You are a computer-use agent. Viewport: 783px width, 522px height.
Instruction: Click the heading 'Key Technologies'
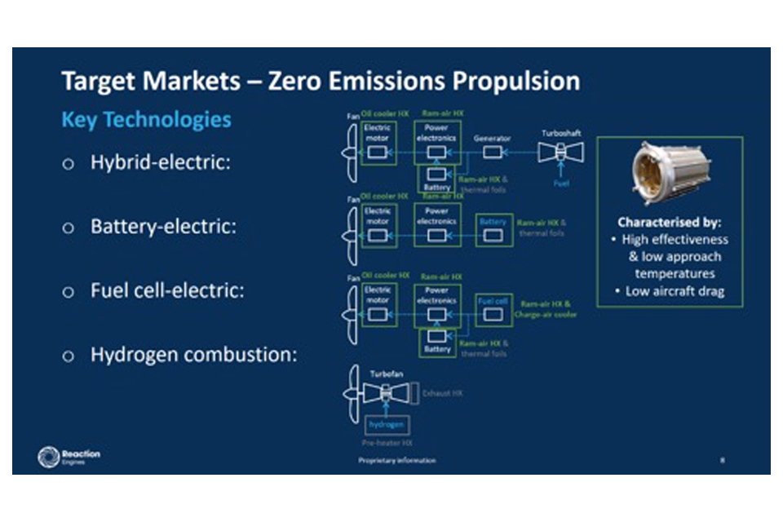coord(146,120)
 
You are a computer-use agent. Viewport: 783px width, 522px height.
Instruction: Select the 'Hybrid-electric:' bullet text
coord(161,162)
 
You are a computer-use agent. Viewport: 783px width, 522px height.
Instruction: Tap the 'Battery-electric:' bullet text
coord(163,227)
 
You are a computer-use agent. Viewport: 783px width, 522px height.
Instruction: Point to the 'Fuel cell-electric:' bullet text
coord(166,290)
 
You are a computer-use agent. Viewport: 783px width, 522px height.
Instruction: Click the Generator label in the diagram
coord(492,139)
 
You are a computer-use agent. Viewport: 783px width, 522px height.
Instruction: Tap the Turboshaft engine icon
coord(560,152)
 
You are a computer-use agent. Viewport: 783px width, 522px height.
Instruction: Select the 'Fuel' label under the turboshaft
coord(561,184)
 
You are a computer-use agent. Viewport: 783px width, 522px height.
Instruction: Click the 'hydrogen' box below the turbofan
coord(387,426)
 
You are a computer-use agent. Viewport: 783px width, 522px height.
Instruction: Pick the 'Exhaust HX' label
coord(442,393)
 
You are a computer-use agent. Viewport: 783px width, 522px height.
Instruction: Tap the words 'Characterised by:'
coord(670,222)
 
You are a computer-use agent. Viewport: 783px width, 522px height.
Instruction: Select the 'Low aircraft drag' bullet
coord(675,291)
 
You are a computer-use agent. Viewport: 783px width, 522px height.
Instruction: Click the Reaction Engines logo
coord(69,458)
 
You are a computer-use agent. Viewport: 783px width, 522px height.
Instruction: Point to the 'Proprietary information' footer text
coord(396,461)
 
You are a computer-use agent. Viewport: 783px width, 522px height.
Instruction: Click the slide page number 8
coord(722,461)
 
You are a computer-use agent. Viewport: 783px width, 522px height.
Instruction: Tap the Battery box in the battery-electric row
coord(492,228)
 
